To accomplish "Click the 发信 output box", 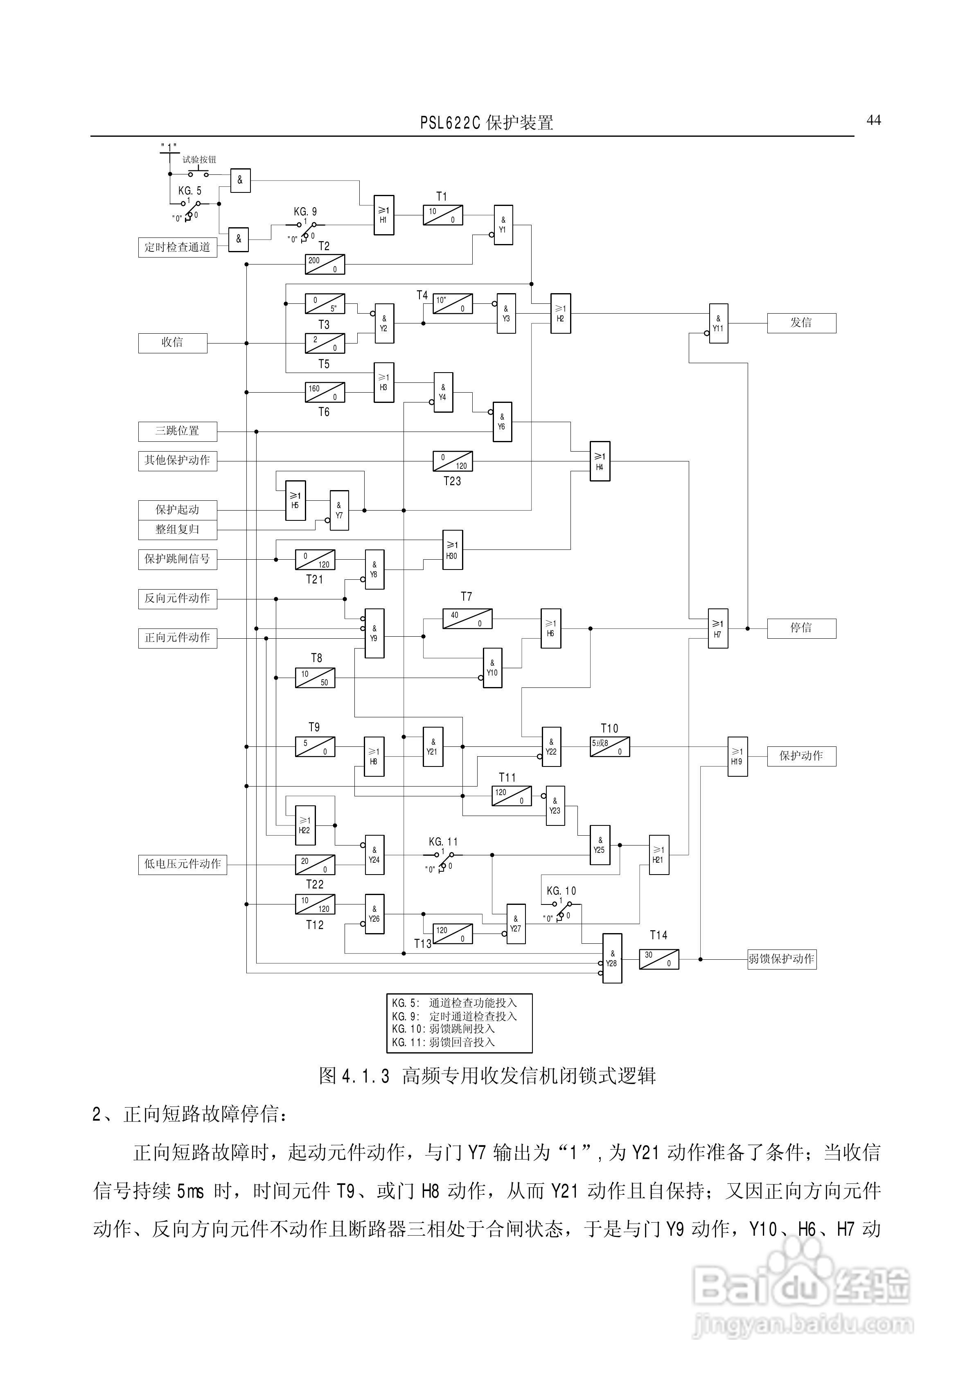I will pyautogui.click(x=801, y=323).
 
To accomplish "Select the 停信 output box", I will pyautogui.click(x=801, y=628).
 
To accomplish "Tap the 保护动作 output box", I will pyautogui.click(x=801, y=756).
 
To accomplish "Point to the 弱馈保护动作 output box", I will pyautogui.click(x=781, y=959).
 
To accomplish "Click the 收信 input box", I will pyautogui.click(x=172, y=343).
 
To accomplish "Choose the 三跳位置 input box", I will pyautogui.click(x=177, y=431).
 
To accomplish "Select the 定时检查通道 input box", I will pyautogui.click(x=177, y=247).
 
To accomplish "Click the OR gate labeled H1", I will pyautogui.click(x=384, y=215).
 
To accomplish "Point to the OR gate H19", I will pyautogui.click(x=737, y=757).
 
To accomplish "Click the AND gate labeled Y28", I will pyautogui.click(x=612, y=959).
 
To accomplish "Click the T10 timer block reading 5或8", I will pyautogui.click(x=609, y=747).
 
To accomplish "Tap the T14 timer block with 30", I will pyautogui.click(x=659, y=959).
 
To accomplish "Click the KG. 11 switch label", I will pyautogui.click(x=443, y=842).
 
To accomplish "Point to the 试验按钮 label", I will pyautogui.click(x=199, y=160).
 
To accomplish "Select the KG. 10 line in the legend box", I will pyautogui.click(x=443, y=1029).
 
